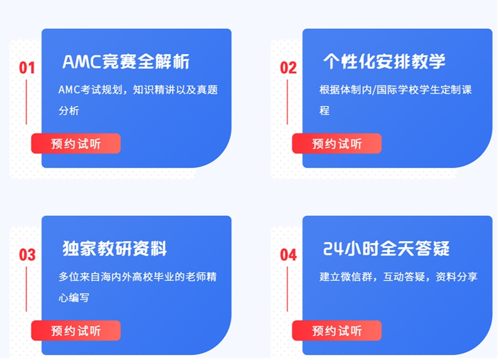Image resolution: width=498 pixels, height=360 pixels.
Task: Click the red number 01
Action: [x=27, y=68]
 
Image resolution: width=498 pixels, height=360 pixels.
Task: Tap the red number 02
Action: [x=288, y=68]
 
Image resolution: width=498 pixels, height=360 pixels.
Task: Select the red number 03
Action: [x=27, y=255]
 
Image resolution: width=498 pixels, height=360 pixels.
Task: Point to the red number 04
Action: [x=288, y=255]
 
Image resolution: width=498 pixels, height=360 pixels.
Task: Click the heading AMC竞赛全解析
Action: [x=126, y=61]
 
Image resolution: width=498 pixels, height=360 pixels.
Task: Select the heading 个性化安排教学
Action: [x=384, y=61]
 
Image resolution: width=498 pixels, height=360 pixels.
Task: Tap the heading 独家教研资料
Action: [x=115, y=248]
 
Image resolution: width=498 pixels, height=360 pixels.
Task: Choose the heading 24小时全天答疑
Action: [x=386, y=248]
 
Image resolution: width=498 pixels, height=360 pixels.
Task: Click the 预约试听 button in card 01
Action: [x=76, y=143]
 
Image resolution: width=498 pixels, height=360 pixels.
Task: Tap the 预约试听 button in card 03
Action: [x=76, y=331]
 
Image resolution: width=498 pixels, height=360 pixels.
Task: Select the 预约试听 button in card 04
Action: [x=337, y=331]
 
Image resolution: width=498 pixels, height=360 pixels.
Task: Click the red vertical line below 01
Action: [x=27, y=102]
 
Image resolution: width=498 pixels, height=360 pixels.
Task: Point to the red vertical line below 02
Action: [x=287, y=102]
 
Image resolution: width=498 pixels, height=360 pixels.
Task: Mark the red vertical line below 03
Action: [x=27, y=289]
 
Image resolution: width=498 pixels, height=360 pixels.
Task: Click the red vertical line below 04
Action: [x=287, y=289]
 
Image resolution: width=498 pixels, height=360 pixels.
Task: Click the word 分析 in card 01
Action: [x=69, y=111]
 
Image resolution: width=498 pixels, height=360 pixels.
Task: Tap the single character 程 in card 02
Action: [x=325, y=111]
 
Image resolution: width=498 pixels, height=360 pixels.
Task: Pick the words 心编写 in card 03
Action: [x=74, y=298]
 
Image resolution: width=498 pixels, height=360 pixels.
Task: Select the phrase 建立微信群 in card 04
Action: [x=346, y=277]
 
